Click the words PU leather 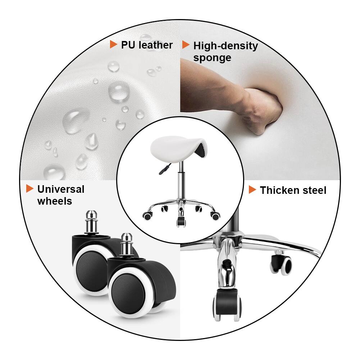click(x=147, y=45)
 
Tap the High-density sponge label click(x=225, y=51)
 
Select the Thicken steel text click(x=293, y=190)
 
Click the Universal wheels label click(x=60, y=195)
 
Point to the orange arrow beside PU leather click(x=113, y=45)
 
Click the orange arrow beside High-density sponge click(x=186, y=45)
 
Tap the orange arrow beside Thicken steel click(x=252, y=190)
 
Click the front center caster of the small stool click(x=181, y=220)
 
